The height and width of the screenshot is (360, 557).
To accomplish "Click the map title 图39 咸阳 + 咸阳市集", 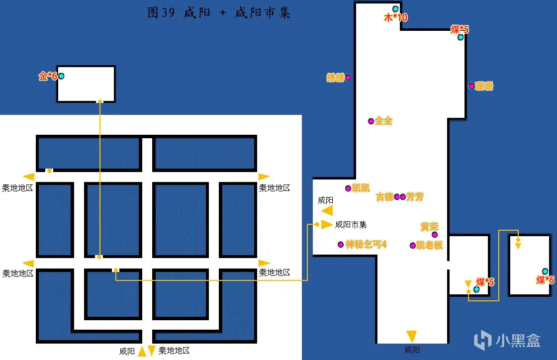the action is click(x=219, y=13).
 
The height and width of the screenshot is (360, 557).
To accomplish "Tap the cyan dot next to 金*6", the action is click(x=62, y=76).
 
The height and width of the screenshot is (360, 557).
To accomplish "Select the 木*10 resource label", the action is click(x=396, y=17).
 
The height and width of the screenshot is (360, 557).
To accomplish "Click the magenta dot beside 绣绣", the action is click(x=348, y=78).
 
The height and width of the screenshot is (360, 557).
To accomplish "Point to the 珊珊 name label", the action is click(x=484, y=86).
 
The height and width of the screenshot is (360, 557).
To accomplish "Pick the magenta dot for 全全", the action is click(x=371, y=121).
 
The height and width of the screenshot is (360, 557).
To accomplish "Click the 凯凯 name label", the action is click(x=361, y=188).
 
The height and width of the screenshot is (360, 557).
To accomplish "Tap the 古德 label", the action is click(x=384, y=197).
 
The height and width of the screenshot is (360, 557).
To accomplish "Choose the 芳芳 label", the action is click(x=415, y=197).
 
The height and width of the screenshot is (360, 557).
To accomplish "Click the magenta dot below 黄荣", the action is click(x=435, y=235).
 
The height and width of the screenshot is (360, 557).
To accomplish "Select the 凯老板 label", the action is click(x=430, y=245).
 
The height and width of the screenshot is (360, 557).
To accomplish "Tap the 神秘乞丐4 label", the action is click(x=366, y=244).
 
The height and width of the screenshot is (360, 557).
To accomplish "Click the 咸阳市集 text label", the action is click(x=351, y=225).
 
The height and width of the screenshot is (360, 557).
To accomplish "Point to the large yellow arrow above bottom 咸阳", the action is click(x=411, y=336).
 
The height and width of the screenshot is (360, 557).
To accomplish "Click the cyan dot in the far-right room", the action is click(x=545, y=271).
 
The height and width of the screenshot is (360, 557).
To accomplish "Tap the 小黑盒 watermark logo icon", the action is click(x=483, y=340).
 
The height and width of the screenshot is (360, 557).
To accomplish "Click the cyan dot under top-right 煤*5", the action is click(x=461, y=37).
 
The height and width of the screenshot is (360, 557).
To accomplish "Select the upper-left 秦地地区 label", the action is click(x=17, y=188).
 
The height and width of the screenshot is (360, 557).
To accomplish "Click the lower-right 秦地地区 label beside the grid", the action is click(x=274, y=272).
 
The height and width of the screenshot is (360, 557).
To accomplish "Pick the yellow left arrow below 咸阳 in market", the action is click(x=327, y=210).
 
